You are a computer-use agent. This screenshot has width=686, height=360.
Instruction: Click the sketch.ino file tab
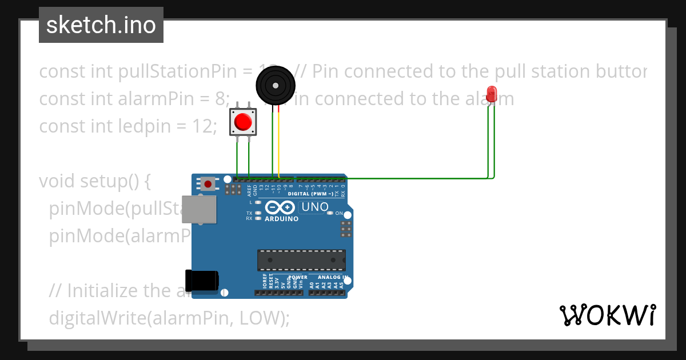click(101, 25)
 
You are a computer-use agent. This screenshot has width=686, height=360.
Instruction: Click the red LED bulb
click(491, 94)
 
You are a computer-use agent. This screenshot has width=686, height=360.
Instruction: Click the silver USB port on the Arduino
click(200, 210)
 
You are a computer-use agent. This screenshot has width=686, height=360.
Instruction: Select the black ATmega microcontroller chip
click(301, 259)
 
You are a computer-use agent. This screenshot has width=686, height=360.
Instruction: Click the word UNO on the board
click(315, 207)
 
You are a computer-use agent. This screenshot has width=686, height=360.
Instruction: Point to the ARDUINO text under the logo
click(281, 219)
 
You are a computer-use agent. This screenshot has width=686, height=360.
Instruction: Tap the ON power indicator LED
click(330, 213)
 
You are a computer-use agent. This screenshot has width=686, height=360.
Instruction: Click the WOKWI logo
click(607, 315)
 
